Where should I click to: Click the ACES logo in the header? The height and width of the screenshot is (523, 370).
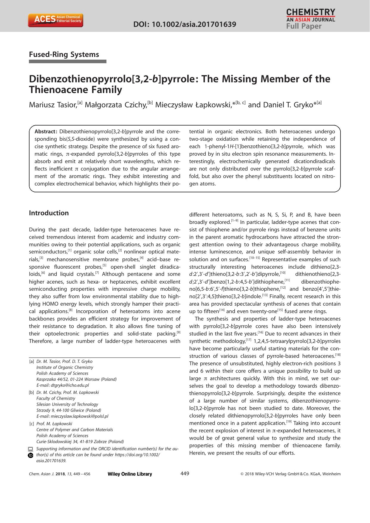tap(55, 20)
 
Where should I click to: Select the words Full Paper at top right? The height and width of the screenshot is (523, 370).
tap(304, 27)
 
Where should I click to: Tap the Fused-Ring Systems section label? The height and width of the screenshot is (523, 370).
tap(64, 55)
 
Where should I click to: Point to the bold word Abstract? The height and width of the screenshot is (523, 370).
tap(46, 131)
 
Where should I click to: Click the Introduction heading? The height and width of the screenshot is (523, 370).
tap(49, 213)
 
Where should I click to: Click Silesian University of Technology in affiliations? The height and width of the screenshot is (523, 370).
tap(67, 404)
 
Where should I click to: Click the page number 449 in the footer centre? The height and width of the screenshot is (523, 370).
tap(185, 474)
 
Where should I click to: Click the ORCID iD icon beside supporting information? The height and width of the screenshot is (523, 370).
tap(30, 455)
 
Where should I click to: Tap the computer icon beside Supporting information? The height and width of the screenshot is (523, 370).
tap(30, 449)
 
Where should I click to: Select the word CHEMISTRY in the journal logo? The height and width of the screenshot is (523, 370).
tap(310, 12)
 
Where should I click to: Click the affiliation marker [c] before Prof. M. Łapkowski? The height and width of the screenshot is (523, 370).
tap(32, 424)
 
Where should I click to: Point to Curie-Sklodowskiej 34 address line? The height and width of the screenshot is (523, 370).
tap(80, 442)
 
